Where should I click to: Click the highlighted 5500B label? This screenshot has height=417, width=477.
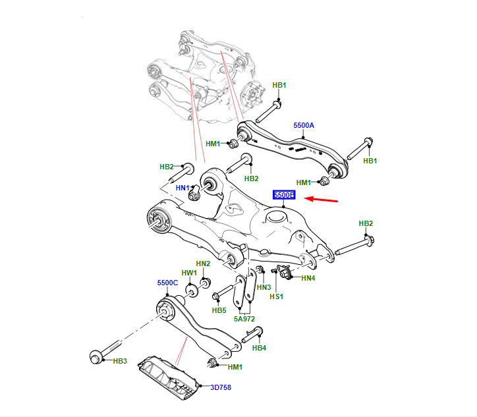click(x=285, y=196)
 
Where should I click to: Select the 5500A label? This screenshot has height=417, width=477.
click(x=304, y=125)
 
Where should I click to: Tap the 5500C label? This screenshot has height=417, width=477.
click(x=167, y=283)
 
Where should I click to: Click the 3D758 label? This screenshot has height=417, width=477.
click(x=221, y=387)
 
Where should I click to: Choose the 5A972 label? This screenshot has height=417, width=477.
click(x=244, y=318)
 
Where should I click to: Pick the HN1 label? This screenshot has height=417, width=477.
click(x=183, y=188)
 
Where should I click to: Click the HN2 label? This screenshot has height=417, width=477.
click(x=203, y=264)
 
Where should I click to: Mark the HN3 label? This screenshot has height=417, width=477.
click(x=264, y=287)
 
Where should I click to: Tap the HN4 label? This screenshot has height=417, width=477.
click(x=308, y=278)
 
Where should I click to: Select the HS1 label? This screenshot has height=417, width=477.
click(x=277, y=296)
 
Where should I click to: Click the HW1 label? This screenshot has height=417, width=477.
click(x=189, y=272)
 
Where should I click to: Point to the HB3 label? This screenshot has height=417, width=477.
click(x=120, y=361)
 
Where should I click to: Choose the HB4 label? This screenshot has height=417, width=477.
click(x=259, y=347)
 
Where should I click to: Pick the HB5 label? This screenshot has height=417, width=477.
click(x=219, y=310)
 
